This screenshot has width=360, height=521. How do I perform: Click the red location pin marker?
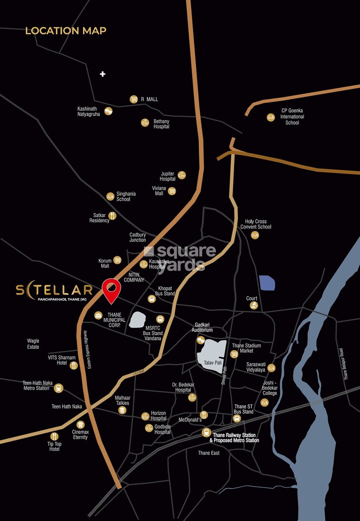point(111,289)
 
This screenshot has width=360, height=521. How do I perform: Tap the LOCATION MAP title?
point(66,31)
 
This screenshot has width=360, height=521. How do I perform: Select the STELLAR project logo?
point(54,291)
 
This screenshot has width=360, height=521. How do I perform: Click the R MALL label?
point(149,99)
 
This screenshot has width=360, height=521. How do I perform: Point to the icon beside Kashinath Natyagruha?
point(108,111)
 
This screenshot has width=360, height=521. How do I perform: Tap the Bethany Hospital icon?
point(145,123)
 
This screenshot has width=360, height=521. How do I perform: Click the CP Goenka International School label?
point(292,117)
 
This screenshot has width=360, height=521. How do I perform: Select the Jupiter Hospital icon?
point(182,175)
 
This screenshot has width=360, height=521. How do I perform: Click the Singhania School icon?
point(110,196)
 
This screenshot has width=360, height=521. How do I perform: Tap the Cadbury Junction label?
point(138,237)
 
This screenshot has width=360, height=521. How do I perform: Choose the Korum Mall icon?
point(117,260)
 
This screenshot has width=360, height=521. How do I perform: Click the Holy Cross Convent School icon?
point(255,235)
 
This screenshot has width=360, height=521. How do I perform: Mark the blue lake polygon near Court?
point(267,283)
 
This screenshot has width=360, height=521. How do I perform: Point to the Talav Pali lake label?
point(210,363)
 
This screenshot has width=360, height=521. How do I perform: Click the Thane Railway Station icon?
point(206,432)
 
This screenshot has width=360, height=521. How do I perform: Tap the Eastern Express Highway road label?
point(89,350)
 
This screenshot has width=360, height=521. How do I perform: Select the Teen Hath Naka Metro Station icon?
point(59,388)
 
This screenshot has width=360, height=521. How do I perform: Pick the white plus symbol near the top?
point(103,74)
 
